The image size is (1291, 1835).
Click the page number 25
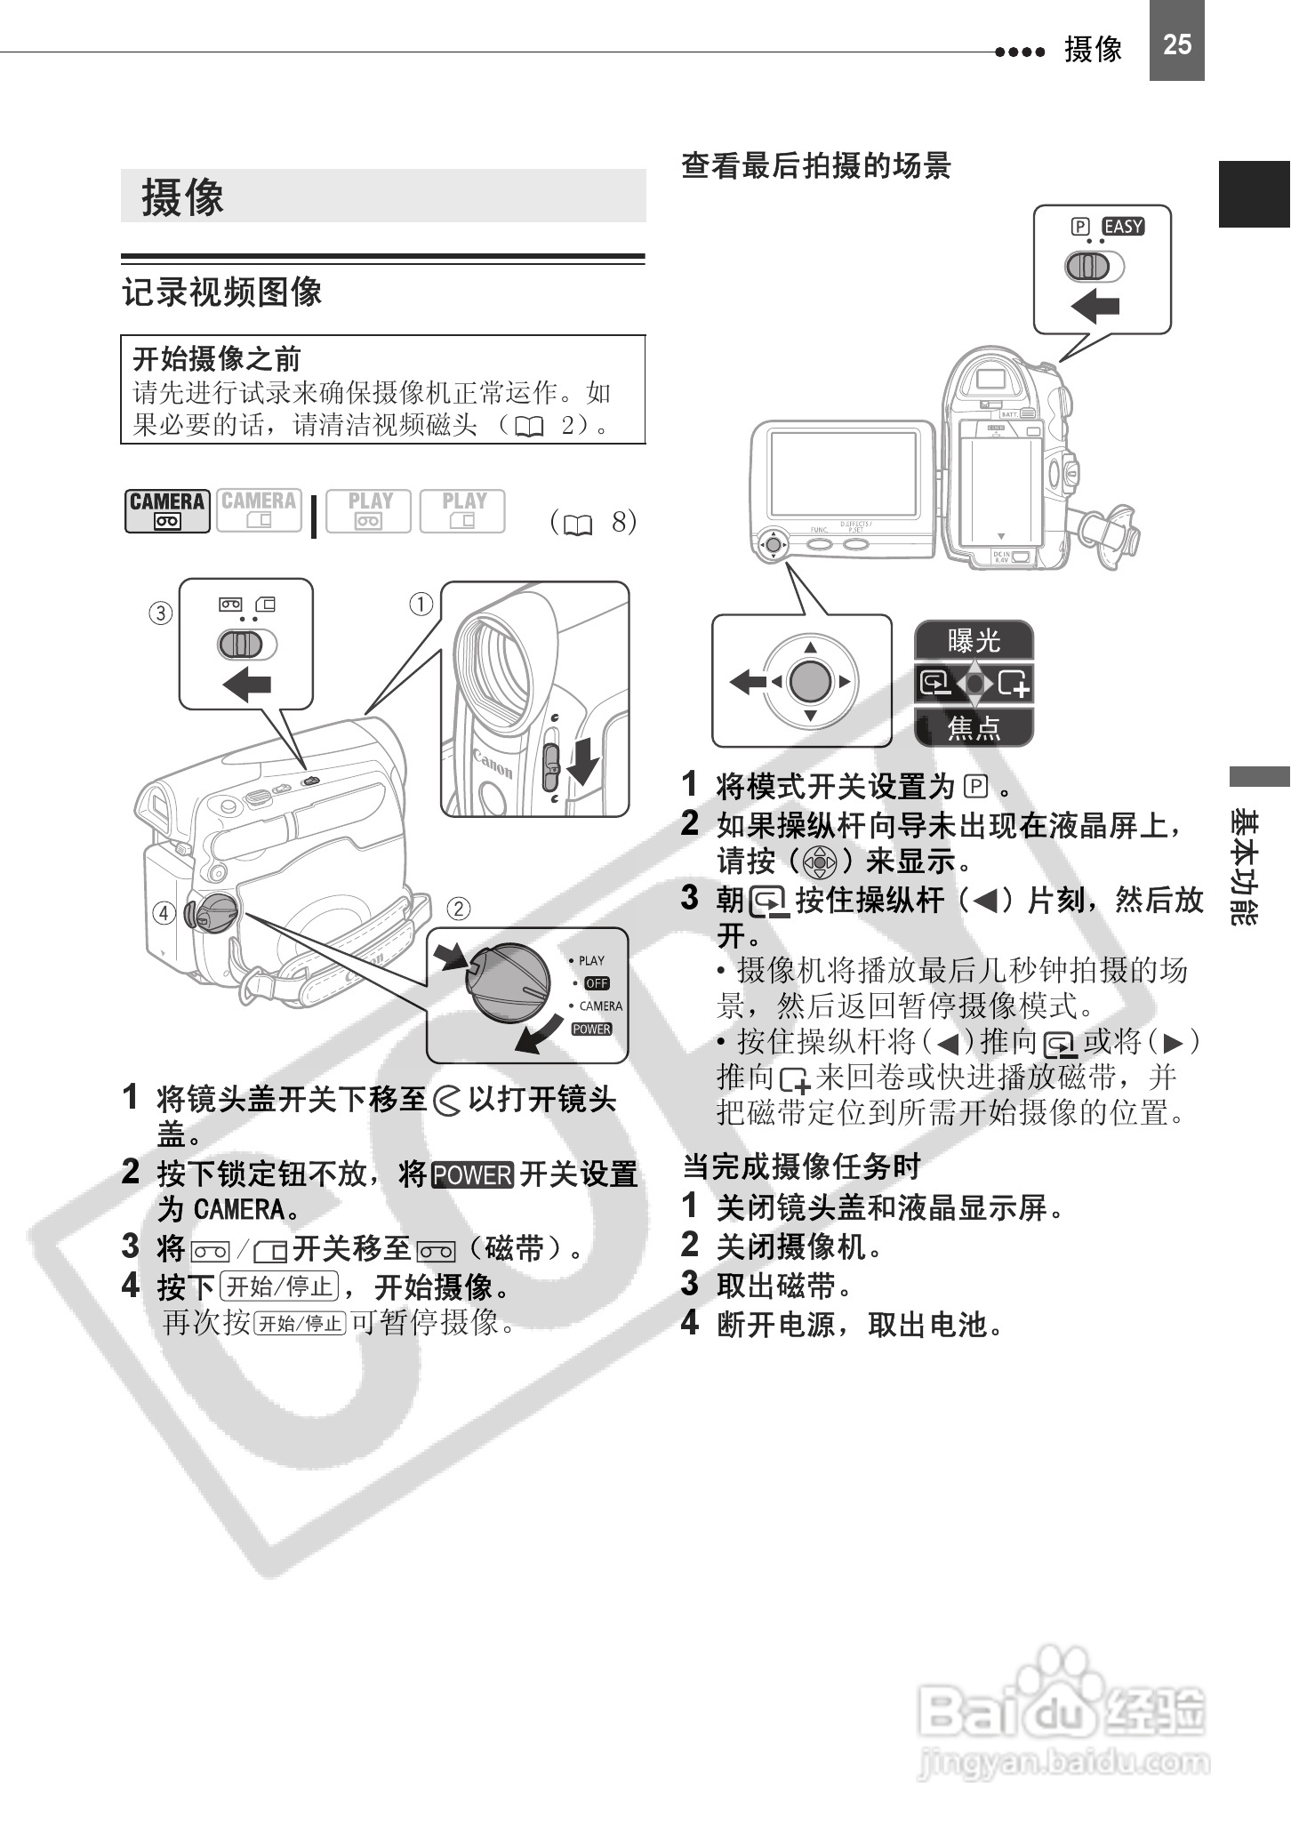coord(1176,44)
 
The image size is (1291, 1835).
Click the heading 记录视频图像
coord(222,292)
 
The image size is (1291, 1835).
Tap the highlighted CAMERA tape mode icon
coord(167,510)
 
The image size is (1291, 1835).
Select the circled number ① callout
coord(421,605)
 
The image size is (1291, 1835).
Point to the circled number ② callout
coord(458,908)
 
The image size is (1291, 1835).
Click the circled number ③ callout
coord(160,613)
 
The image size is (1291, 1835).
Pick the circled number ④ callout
coord(164,913)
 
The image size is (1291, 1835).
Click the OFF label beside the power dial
coord(597,983)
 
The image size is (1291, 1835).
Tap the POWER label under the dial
coord(591,1030)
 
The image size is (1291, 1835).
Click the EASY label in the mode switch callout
coord(1124,227)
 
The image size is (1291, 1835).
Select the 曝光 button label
coord(974,640)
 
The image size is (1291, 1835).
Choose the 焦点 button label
coord(974,728)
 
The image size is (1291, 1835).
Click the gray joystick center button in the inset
coord(810,682)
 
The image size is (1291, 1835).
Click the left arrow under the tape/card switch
coord(246,685)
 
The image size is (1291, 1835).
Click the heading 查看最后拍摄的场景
coord(815,166)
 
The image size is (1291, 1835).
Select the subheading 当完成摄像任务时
coord(801,1166)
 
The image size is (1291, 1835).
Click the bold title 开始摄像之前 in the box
coord(217,359)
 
